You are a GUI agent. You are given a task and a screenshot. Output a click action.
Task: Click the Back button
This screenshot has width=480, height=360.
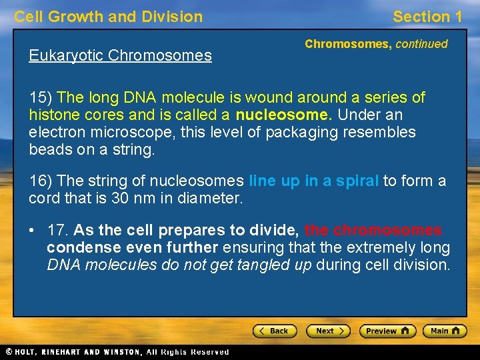(274, 331)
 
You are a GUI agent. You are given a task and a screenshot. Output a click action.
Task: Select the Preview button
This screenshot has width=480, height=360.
(387, 331)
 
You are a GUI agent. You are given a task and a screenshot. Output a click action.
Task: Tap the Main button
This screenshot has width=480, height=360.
(443, 331)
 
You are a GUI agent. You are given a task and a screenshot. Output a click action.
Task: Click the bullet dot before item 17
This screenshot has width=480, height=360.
(31, 231)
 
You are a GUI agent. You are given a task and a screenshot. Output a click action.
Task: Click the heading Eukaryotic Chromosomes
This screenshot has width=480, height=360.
(120, 55)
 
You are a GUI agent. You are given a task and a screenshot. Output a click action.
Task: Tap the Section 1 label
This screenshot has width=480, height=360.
(427, 17)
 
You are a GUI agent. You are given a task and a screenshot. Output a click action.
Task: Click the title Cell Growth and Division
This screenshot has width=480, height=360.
(108, 17)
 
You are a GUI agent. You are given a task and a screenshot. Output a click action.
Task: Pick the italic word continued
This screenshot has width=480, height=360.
(421, 44)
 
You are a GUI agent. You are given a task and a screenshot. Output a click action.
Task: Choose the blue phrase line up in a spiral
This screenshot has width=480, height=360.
(313, 181)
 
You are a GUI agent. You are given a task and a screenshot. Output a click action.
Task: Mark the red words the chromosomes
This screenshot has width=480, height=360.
(373, 231)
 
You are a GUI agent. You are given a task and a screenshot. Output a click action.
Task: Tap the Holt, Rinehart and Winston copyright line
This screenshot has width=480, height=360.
(117, 352)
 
